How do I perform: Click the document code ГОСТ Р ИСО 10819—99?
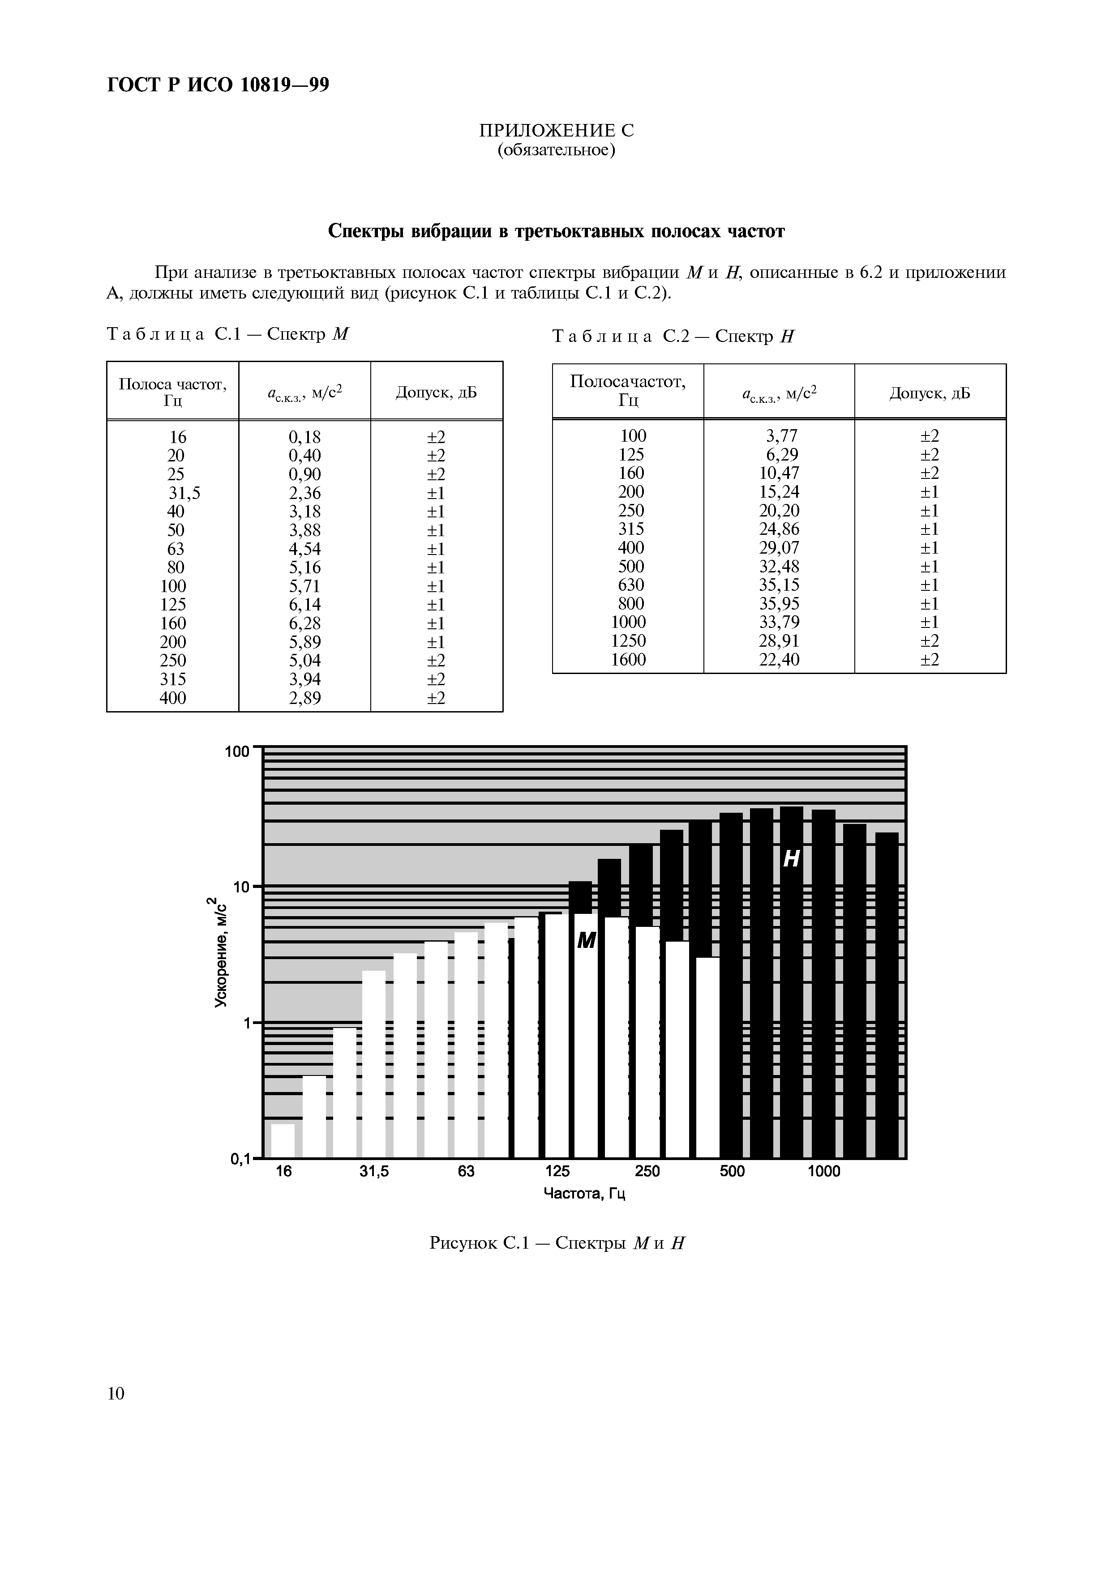(218, 85)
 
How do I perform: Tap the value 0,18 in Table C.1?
(304, 437)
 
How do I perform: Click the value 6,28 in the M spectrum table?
(304, 623)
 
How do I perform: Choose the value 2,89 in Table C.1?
(304, 697)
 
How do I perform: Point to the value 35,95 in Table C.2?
(779, 604)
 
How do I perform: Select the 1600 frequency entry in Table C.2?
(628, 660)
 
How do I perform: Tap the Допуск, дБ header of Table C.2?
(930, 393)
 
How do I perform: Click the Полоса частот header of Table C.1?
(172, 392)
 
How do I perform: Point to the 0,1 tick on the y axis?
(241, 1158)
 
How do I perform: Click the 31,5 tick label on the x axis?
(374, 1171)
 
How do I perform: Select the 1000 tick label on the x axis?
(823, 1171)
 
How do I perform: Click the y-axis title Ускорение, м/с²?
(220, 951)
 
